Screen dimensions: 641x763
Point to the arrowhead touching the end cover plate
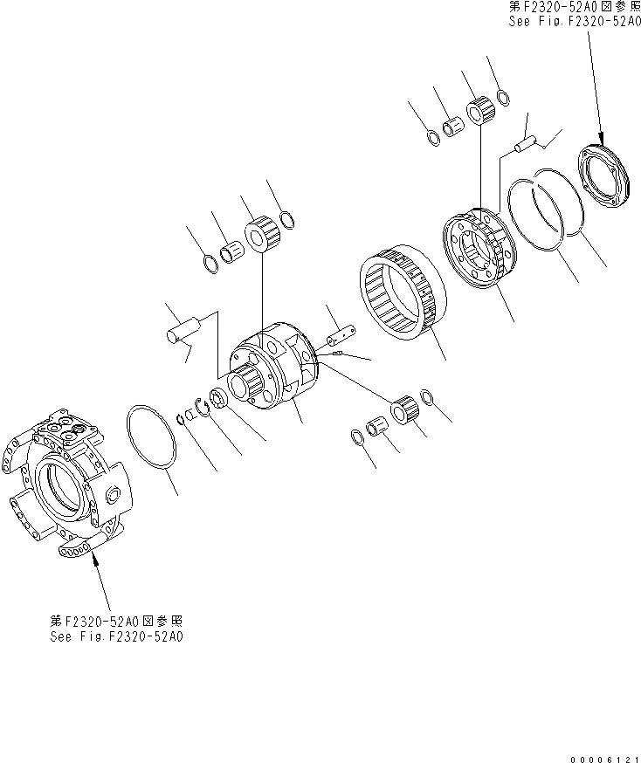(x=602, y=138)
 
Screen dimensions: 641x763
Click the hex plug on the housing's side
(x=114, y=496)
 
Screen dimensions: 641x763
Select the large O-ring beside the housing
(x=151, y=437)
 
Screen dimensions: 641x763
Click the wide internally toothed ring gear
(x=402, y=292)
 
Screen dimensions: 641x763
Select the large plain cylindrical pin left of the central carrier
(x=183, y=329)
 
